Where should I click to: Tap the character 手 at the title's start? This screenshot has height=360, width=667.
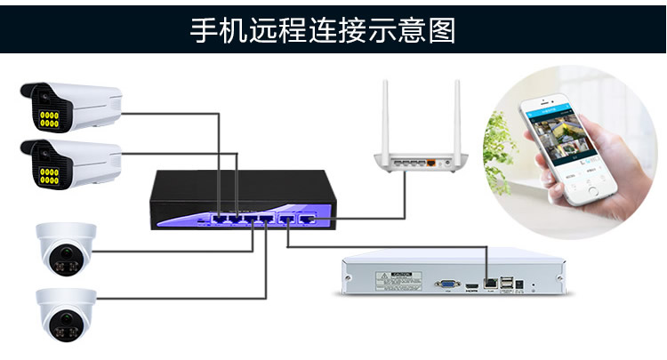click(204, 28)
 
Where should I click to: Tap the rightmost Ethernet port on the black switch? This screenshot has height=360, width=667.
click(308, 216)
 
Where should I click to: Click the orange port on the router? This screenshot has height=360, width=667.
click(431, 164)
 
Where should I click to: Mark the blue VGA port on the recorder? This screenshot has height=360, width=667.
click(443, 284)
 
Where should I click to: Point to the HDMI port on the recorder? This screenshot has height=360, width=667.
click(469, 284)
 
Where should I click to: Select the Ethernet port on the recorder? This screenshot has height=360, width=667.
click(489, 282)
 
